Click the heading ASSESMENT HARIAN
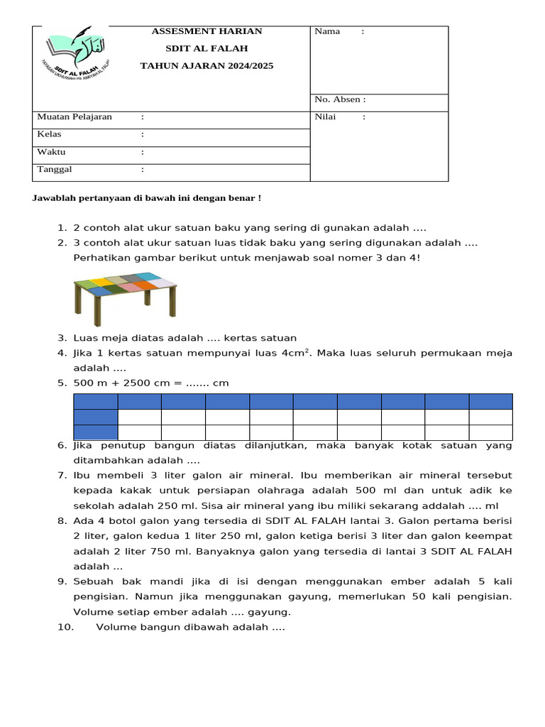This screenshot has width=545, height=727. click(x=207, y=31)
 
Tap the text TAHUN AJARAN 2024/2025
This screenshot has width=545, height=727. click(x=207, y=65)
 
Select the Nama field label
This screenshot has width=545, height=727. click(x=327, y=31)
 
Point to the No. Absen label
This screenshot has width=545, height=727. click(x=340, y=100)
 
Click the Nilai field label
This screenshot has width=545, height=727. click(x=325, y=117)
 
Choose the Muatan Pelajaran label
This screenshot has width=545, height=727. click(x=75, y=117)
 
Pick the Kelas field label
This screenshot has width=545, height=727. click(x=49, y=134)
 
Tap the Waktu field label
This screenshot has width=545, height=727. click(x=51, y=152)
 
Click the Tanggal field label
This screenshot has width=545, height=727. click(x=54, y=170)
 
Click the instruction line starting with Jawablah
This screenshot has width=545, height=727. click(x=147, y=197)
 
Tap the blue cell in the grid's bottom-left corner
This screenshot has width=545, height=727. click(x=96, y=432)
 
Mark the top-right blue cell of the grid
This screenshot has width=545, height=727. click(x=490, y=402)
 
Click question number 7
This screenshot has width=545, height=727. click(x=62, y=475)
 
